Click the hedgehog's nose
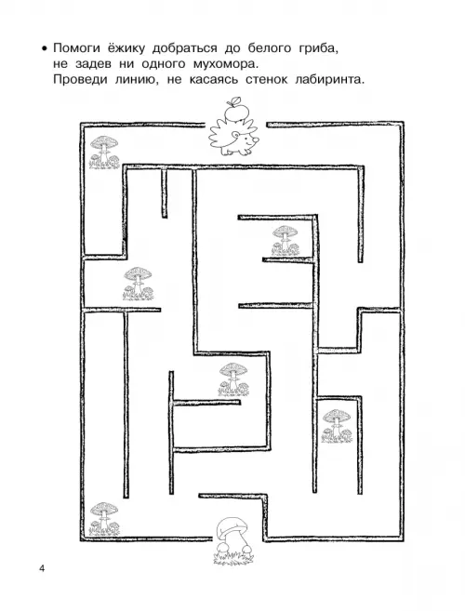click(x=256, y=139)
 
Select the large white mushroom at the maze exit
click(x=232, y=539)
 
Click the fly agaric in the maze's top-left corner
click(x=104, y=153)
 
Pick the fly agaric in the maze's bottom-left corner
click(x=103, y=519)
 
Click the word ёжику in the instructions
click(x=126, y=48)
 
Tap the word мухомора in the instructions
click(x=225, y=64)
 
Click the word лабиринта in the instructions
click(x=330, y=80)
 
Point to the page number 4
click(x=42, y=568)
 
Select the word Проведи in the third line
click(x=80, y=80)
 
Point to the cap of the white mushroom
click(x=232, y=526)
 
